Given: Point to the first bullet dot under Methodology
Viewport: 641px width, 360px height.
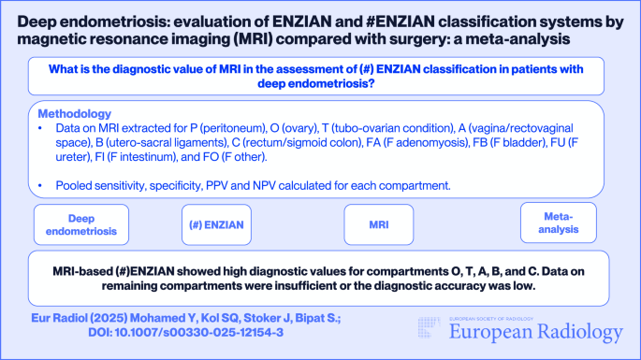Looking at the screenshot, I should tap(43, 126).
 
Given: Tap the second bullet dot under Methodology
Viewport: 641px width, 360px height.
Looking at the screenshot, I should tap(43, 185).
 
